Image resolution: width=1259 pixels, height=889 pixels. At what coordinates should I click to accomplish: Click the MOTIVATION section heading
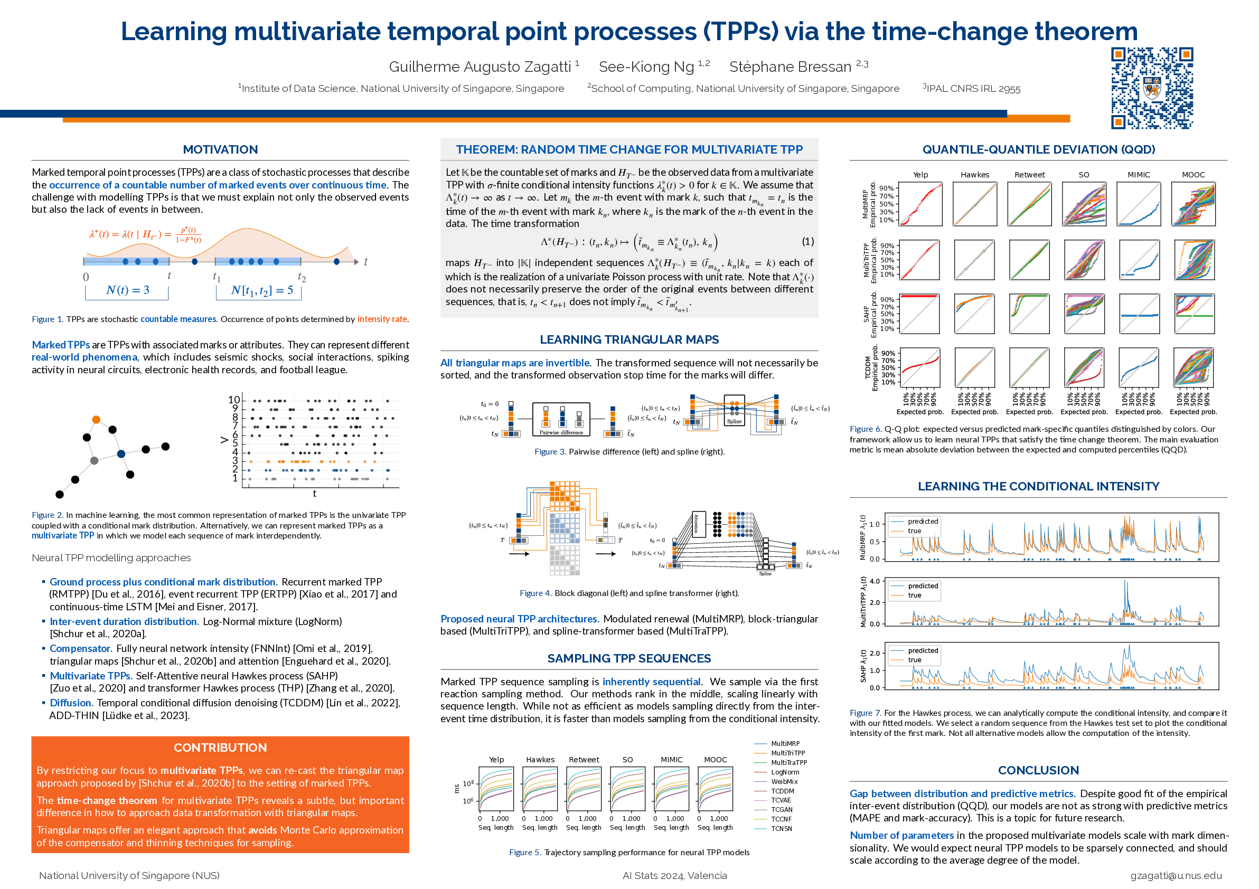tap(220, 149)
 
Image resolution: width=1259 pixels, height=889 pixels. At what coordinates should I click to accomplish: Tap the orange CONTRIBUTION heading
tap(220, 748)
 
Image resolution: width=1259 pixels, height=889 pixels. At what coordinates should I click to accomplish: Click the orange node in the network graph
tap(96, 420)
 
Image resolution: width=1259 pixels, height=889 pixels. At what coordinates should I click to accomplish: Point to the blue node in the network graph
tap(121, 454)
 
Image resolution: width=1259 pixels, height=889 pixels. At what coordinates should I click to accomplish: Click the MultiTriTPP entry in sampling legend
tap(787, 753)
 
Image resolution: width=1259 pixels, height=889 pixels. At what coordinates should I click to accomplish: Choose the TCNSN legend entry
tap(781, 829)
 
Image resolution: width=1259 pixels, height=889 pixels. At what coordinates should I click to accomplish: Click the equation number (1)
tap(807, 241)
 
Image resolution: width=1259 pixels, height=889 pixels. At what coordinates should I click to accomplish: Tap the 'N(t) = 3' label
tap(127, 290)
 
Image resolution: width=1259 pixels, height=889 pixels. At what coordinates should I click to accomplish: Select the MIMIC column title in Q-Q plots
tap(1139, 175)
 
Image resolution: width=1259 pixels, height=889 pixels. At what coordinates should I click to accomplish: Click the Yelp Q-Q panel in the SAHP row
tap(920, 314)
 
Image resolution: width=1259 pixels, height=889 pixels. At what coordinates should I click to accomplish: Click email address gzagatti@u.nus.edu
tap(1176, 876)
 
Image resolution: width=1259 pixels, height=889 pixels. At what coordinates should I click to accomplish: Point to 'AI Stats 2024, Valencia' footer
tap(674, 876)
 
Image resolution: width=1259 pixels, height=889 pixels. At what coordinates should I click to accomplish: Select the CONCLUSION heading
tap(1038, 770)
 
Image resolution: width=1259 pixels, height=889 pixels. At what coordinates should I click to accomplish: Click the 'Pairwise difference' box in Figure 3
tap(561, 420)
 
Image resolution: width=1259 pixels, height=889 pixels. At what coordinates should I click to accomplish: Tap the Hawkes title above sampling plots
tap(540, 760)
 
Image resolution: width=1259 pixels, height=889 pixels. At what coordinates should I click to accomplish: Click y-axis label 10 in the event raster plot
tap(234, 400)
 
